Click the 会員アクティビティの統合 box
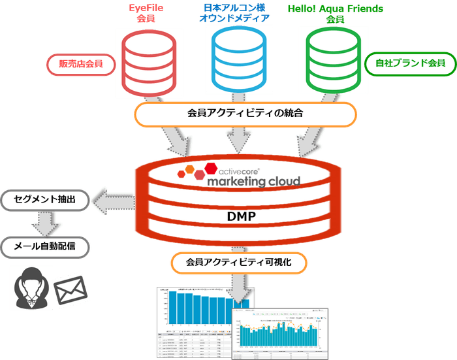point(245,114)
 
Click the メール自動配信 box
point(44,248)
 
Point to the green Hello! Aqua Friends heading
point(336,14)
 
